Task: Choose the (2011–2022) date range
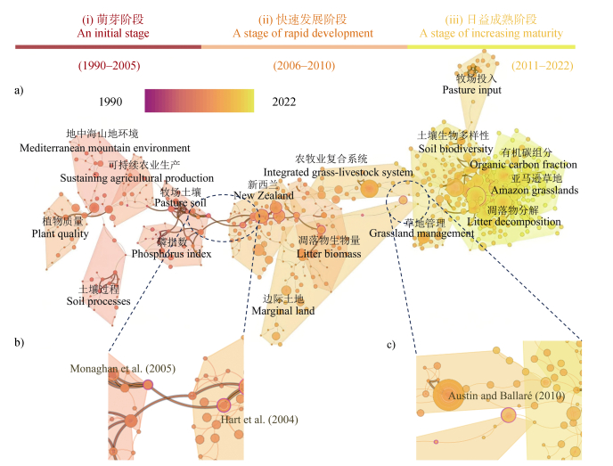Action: [x=543, y=66]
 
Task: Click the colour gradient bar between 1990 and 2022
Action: [x=200, y=101]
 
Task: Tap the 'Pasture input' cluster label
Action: [x=471, y=90]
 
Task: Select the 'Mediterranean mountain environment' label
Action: [x=104, y=148]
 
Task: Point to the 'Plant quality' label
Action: [x=61, y=233]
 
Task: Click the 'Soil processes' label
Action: [x=98, y=301]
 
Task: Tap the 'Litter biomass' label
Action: [x=329, y=254]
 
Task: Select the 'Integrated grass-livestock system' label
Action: [x=339, y=172]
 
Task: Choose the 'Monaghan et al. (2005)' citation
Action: [x=123, y=368]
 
